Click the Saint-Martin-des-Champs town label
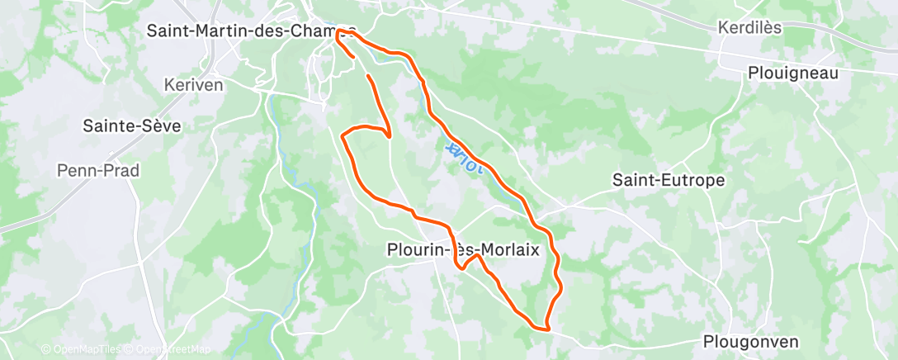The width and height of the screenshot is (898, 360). pyautogui.click(x=251, y=31)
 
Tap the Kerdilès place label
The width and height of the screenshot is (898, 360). pyautogui.click(x=749, y=27)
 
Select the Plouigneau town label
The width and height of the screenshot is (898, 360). pyautogui.click(x=792, y=73)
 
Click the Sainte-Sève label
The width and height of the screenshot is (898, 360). pyautogui.click(x=132, y=126)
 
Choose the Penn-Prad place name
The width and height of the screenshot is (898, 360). pyautogui.click(x=97, y=170)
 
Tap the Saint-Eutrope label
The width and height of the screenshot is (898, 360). pyautogui.click(x=669, y=179)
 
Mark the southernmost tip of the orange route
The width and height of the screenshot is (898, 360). pyautogui.click(x=547, y=328)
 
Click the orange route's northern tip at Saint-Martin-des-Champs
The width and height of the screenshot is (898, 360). pyautogui.click(x=338, y=31)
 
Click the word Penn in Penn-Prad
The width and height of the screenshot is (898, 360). pyautogui.click(x=75, y=170)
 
